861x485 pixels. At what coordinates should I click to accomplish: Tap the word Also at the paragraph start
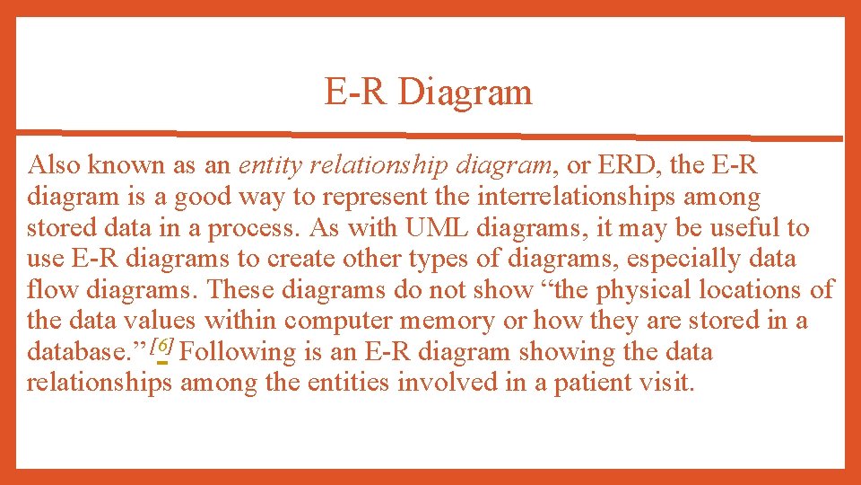pos(51,165)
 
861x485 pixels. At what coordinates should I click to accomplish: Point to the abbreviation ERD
pos(615,165)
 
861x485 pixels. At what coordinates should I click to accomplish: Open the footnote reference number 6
pos(162,345)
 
